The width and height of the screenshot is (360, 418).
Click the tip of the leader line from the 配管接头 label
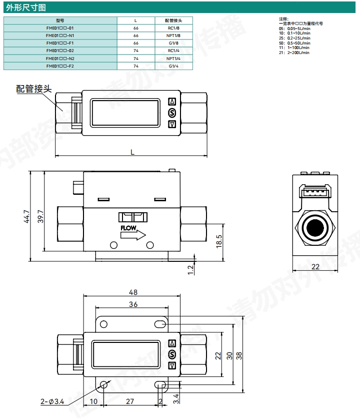[x=63, y=111]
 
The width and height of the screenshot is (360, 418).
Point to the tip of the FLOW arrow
[x=145, y=235]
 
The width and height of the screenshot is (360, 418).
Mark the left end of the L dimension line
[x=55, y=155]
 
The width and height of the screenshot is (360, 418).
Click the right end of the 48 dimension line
[x=180, y=296]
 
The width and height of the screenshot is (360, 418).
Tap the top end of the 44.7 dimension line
[x=30, y=171]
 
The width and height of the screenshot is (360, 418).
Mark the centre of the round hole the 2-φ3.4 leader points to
[x=103, y=384]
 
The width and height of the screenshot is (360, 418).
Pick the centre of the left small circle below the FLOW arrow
[x=113, y=245]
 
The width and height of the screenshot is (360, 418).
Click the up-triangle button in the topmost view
[x=172, y=102]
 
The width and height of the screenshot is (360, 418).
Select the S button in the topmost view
[x=172, y=113]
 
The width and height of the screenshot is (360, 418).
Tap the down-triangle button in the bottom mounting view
[x=172, y=366]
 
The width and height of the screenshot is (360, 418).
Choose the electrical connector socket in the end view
[x=315, y=191]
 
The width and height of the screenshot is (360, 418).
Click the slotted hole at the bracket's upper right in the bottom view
[x=160, y=324]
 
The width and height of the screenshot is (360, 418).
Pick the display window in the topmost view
[x=125, y=113]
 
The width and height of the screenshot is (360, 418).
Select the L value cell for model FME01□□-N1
[x=136, y=36]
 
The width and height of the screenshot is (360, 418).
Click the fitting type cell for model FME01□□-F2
[x=173, y=66]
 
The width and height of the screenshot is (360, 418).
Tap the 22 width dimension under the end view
[x=315, y=267]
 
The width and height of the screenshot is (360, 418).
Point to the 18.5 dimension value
[x=219, y=241]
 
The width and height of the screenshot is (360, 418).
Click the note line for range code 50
[x=294, y=43]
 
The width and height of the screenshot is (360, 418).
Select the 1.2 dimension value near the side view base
[x=190, y=270]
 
